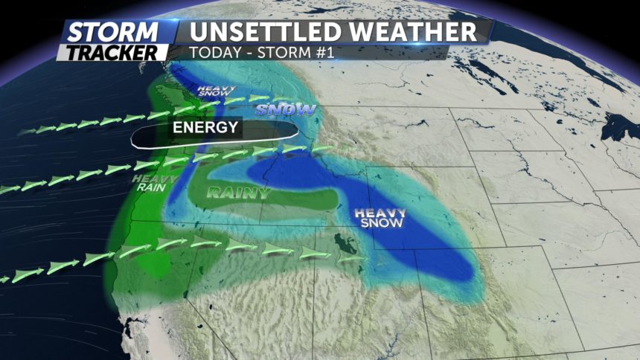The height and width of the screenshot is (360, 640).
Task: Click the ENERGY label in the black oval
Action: (205, 127)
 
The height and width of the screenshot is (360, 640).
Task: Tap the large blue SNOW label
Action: (287, 110)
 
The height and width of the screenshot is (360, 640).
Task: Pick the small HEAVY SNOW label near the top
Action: (214, 92)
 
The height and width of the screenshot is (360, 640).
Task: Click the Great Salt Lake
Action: (345, 244)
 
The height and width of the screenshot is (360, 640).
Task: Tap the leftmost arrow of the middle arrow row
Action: (10, 190)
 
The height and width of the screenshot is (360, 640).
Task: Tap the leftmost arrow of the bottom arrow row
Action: (7, 279)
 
